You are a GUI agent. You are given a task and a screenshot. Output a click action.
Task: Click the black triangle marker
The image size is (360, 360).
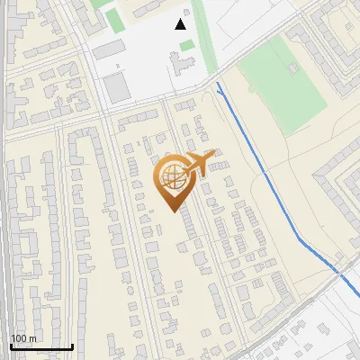point(181,24)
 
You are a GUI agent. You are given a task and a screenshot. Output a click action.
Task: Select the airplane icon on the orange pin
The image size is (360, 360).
point(201,162)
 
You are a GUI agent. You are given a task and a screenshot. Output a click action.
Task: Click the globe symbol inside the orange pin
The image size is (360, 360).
point(171,177)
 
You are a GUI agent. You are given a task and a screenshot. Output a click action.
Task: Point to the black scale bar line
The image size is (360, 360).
point(41,346)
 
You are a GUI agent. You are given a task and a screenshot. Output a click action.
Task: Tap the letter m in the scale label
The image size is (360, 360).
point(33,338)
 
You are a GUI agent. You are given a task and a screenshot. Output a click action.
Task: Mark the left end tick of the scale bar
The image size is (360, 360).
point(11,345)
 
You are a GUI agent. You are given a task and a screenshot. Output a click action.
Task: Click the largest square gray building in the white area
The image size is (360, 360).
point(116,87)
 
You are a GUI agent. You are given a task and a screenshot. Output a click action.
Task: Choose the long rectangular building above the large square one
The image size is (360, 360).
point(110,49)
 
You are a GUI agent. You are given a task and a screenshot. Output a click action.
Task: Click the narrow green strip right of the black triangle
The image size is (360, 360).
point(203,36)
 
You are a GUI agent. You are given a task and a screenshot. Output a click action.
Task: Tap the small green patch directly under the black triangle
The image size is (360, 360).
point(186,45)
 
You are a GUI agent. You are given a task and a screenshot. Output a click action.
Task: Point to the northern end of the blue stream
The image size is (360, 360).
point(218,84)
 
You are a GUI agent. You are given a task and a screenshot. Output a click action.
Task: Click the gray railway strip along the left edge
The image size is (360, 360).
point(4,225)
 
